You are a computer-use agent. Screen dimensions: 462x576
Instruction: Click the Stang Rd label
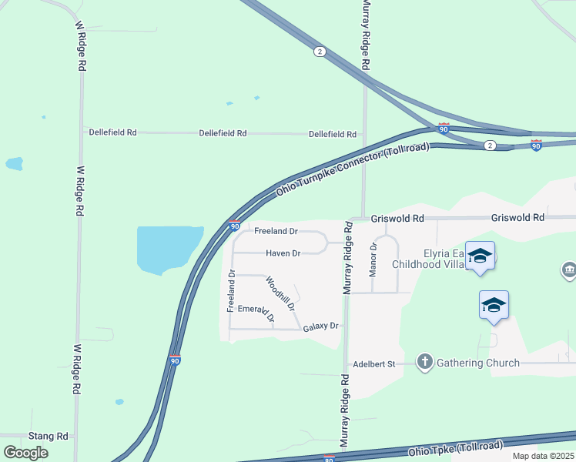tap(49, 436)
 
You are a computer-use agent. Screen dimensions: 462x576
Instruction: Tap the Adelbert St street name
tap(373, 363)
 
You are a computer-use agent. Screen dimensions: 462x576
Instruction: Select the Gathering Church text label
tap(478, 363)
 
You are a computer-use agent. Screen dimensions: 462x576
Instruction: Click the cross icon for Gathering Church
tap(424, 362)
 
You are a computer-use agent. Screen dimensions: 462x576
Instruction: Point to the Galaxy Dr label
tap(320, 326)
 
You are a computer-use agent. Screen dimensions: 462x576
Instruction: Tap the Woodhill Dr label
tap(281, 293)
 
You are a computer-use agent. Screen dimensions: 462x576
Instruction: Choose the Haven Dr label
tap(283, 253)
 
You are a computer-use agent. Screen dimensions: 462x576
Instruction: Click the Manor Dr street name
tap(373, 259)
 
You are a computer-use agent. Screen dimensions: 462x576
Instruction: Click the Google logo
tap(26, 453)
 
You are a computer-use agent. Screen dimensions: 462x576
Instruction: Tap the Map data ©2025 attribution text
tap(542, 456)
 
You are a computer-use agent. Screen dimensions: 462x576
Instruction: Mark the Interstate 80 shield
tap(330, 458)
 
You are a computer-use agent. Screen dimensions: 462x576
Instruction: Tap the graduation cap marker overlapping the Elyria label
tap(480, 256)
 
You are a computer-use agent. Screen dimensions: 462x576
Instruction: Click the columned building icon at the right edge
tap(569, 270)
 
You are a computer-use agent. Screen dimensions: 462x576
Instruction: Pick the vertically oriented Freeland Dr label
tap(230, 290)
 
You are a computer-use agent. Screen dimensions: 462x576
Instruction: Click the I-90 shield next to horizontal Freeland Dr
tap(234, 225)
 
